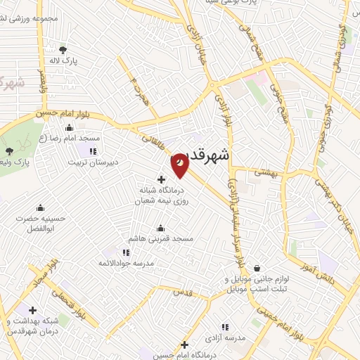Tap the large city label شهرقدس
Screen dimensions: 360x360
(x=214, y=155)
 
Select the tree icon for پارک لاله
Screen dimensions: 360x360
(x=63, y=49)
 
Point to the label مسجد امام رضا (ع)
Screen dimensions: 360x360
(x=70, y=139)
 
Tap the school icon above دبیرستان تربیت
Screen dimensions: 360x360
(x=91, y=151)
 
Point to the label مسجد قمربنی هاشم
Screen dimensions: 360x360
(x=160, y=239)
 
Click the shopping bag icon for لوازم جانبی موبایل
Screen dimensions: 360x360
(x=257, y=268)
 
